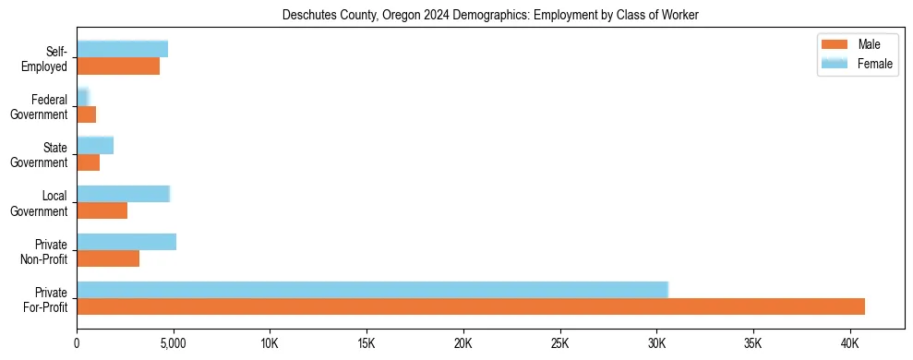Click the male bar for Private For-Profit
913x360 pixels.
[x=471, y=306]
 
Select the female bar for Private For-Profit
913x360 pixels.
[x=372, y=290]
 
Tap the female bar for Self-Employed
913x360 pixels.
[x=122, y=50]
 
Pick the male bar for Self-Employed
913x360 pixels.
[x=118, y=66]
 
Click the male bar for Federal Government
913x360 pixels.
[x=86, y=114]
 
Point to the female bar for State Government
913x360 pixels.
[x=95, y=146]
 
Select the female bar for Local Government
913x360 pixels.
[x=123, y=194]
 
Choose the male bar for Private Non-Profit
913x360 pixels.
[x=108, y=258]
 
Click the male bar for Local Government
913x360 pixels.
[x=102, y=210]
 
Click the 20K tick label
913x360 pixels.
[x=463, y=343]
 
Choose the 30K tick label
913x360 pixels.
[x=656, y=343]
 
